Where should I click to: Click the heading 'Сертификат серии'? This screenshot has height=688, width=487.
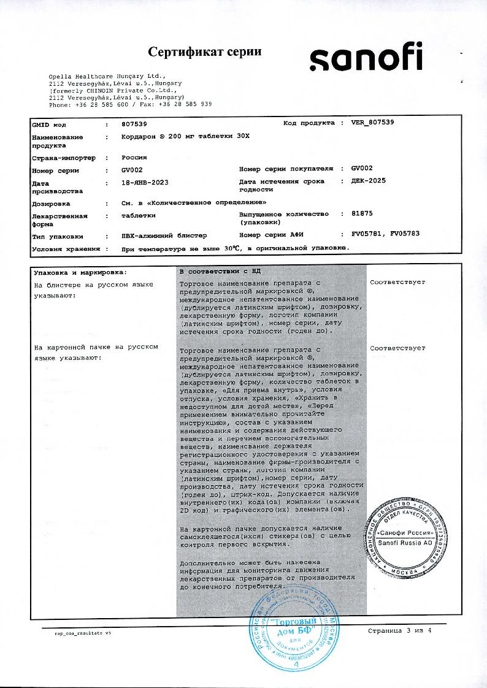tap(205, 52)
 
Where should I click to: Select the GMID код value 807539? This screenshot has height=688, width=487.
tap(135, 124)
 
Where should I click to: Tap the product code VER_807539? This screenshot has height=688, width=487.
tap(373, 123)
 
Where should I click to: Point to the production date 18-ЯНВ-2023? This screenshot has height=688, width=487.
tap(145, 183)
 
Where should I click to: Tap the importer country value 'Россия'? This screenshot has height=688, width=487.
tap(134, 158)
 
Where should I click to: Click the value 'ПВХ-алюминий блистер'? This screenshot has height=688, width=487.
tap(164, 235)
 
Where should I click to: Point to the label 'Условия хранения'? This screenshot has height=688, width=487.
tap(66, 249)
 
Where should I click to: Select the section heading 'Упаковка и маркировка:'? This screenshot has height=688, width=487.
tap(80, 271)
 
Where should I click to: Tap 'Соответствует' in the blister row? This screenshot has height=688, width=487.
tap(397, 284)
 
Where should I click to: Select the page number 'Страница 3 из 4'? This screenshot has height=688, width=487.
tap(399, 631)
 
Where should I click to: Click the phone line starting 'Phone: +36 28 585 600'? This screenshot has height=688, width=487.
tap(130, 104)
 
